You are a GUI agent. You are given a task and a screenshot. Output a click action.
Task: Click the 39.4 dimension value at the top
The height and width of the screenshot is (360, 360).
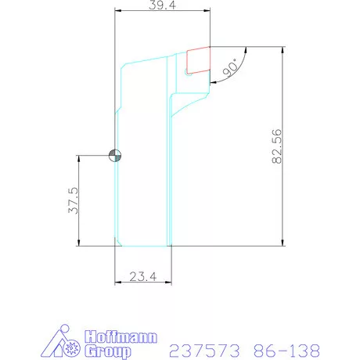(162, 5)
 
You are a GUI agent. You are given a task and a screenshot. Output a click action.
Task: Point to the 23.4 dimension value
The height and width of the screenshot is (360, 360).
(143, 275)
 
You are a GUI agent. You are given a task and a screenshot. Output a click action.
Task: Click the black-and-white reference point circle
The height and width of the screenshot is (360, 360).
(115, 155)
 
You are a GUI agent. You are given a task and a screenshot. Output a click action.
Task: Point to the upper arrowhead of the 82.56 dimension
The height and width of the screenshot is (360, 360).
(283, 50)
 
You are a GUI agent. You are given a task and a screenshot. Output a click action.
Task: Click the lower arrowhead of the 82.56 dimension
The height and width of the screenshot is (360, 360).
(283, 242)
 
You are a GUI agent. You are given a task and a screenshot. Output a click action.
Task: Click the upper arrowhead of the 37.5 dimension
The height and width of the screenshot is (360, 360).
(80, 159)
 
